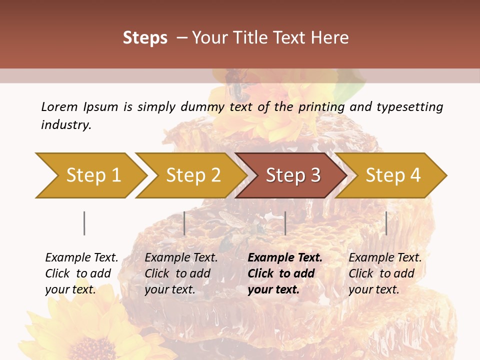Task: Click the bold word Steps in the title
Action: (x=145, y=38)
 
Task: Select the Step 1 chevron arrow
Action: (x=90, y=175)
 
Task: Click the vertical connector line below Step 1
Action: (x=84, y=223)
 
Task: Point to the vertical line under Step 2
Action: (x=184, y=223)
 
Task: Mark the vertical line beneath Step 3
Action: (x=285, y=223)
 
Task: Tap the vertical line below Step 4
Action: (x=386, y=223)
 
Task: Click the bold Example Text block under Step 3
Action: (x=285, y=273)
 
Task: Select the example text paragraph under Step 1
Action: (x=81, y=273)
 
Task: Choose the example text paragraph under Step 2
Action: (x=181, y=273)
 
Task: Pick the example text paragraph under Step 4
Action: (x=385, y=273)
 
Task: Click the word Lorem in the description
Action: (x=59, y=106)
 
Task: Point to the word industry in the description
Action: (x=65, y=125)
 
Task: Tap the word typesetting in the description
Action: (x=409, y=107)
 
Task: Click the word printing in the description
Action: (x=321, y=107)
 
